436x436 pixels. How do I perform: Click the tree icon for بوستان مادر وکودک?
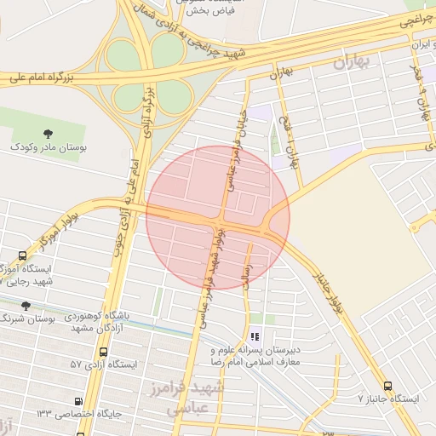pos(47,133)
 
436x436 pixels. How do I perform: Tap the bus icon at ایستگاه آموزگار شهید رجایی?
pos(22,255)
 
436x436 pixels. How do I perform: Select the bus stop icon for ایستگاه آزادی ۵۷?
pos(104,351)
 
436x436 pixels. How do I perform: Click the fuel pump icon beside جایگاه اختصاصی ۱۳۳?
pos(79,401)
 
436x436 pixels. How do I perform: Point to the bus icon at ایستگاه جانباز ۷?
pos(388,386)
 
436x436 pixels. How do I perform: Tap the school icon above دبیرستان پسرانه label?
pos(255,336)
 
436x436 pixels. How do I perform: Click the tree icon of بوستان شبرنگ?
pos(26,305)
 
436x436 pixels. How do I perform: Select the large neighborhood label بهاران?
pos(354,62)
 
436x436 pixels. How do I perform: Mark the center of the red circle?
pos(218,217)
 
